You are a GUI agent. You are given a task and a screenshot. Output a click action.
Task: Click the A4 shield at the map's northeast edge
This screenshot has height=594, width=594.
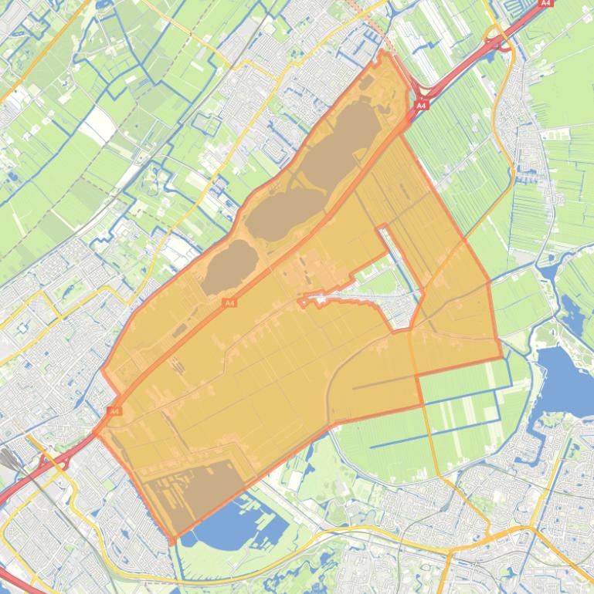click(546, 3)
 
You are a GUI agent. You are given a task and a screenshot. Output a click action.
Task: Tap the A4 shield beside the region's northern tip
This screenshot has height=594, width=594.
click(421, 105)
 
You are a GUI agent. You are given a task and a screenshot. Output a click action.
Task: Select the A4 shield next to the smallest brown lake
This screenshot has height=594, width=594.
click(229, 303)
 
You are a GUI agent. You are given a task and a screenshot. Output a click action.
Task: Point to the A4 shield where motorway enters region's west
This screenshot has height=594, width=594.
click(114, 411)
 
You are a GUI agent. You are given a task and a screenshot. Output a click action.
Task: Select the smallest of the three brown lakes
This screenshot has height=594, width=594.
click(229, 266)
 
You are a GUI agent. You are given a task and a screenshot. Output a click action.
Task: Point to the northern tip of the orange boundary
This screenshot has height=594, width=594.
click(382, 52)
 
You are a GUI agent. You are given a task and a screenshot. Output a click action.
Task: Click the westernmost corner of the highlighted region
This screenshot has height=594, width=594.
click(102, 370)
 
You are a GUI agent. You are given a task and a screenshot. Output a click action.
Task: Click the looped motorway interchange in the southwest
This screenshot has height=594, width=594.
click(58, 461)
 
